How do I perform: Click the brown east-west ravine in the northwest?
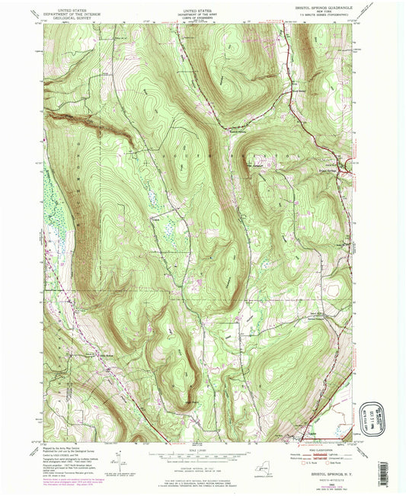click(x=84, y=121)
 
